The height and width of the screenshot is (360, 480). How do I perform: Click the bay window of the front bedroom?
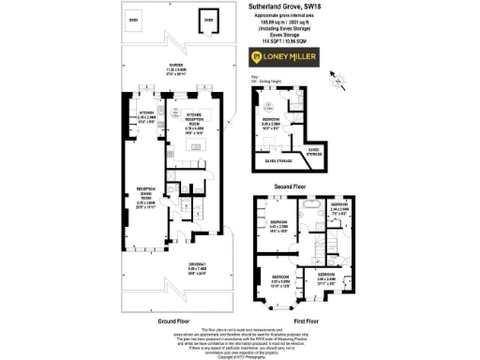tap(278, 303)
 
